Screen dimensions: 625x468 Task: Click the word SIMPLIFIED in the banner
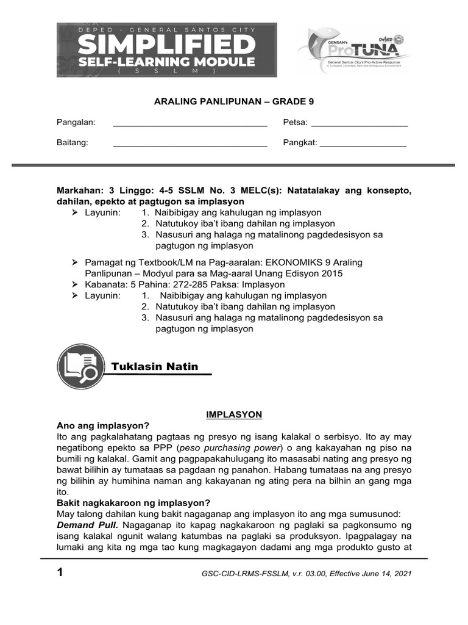(x=167, y=45)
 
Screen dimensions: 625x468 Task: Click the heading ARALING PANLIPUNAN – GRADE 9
(x=233, y=102)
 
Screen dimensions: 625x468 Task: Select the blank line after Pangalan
(x=190, y=123)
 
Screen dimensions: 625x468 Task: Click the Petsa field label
(x=295, y=122)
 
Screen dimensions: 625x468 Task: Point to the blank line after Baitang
(x=190, y=143)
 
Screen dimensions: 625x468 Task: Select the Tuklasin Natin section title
(x=155, y=366)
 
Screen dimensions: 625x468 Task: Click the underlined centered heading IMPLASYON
(x=234, y=414)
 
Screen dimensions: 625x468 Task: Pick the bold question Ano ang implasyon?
(x=102, y=425)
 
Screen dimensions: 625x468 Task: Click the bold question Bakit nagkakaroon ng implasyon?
(x=133, y=503)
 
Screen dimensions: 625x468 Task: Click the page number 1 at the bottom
(x=60, y=573)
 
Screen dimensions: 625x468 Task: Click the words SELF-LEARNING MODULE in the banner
(x=167, y=62)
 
